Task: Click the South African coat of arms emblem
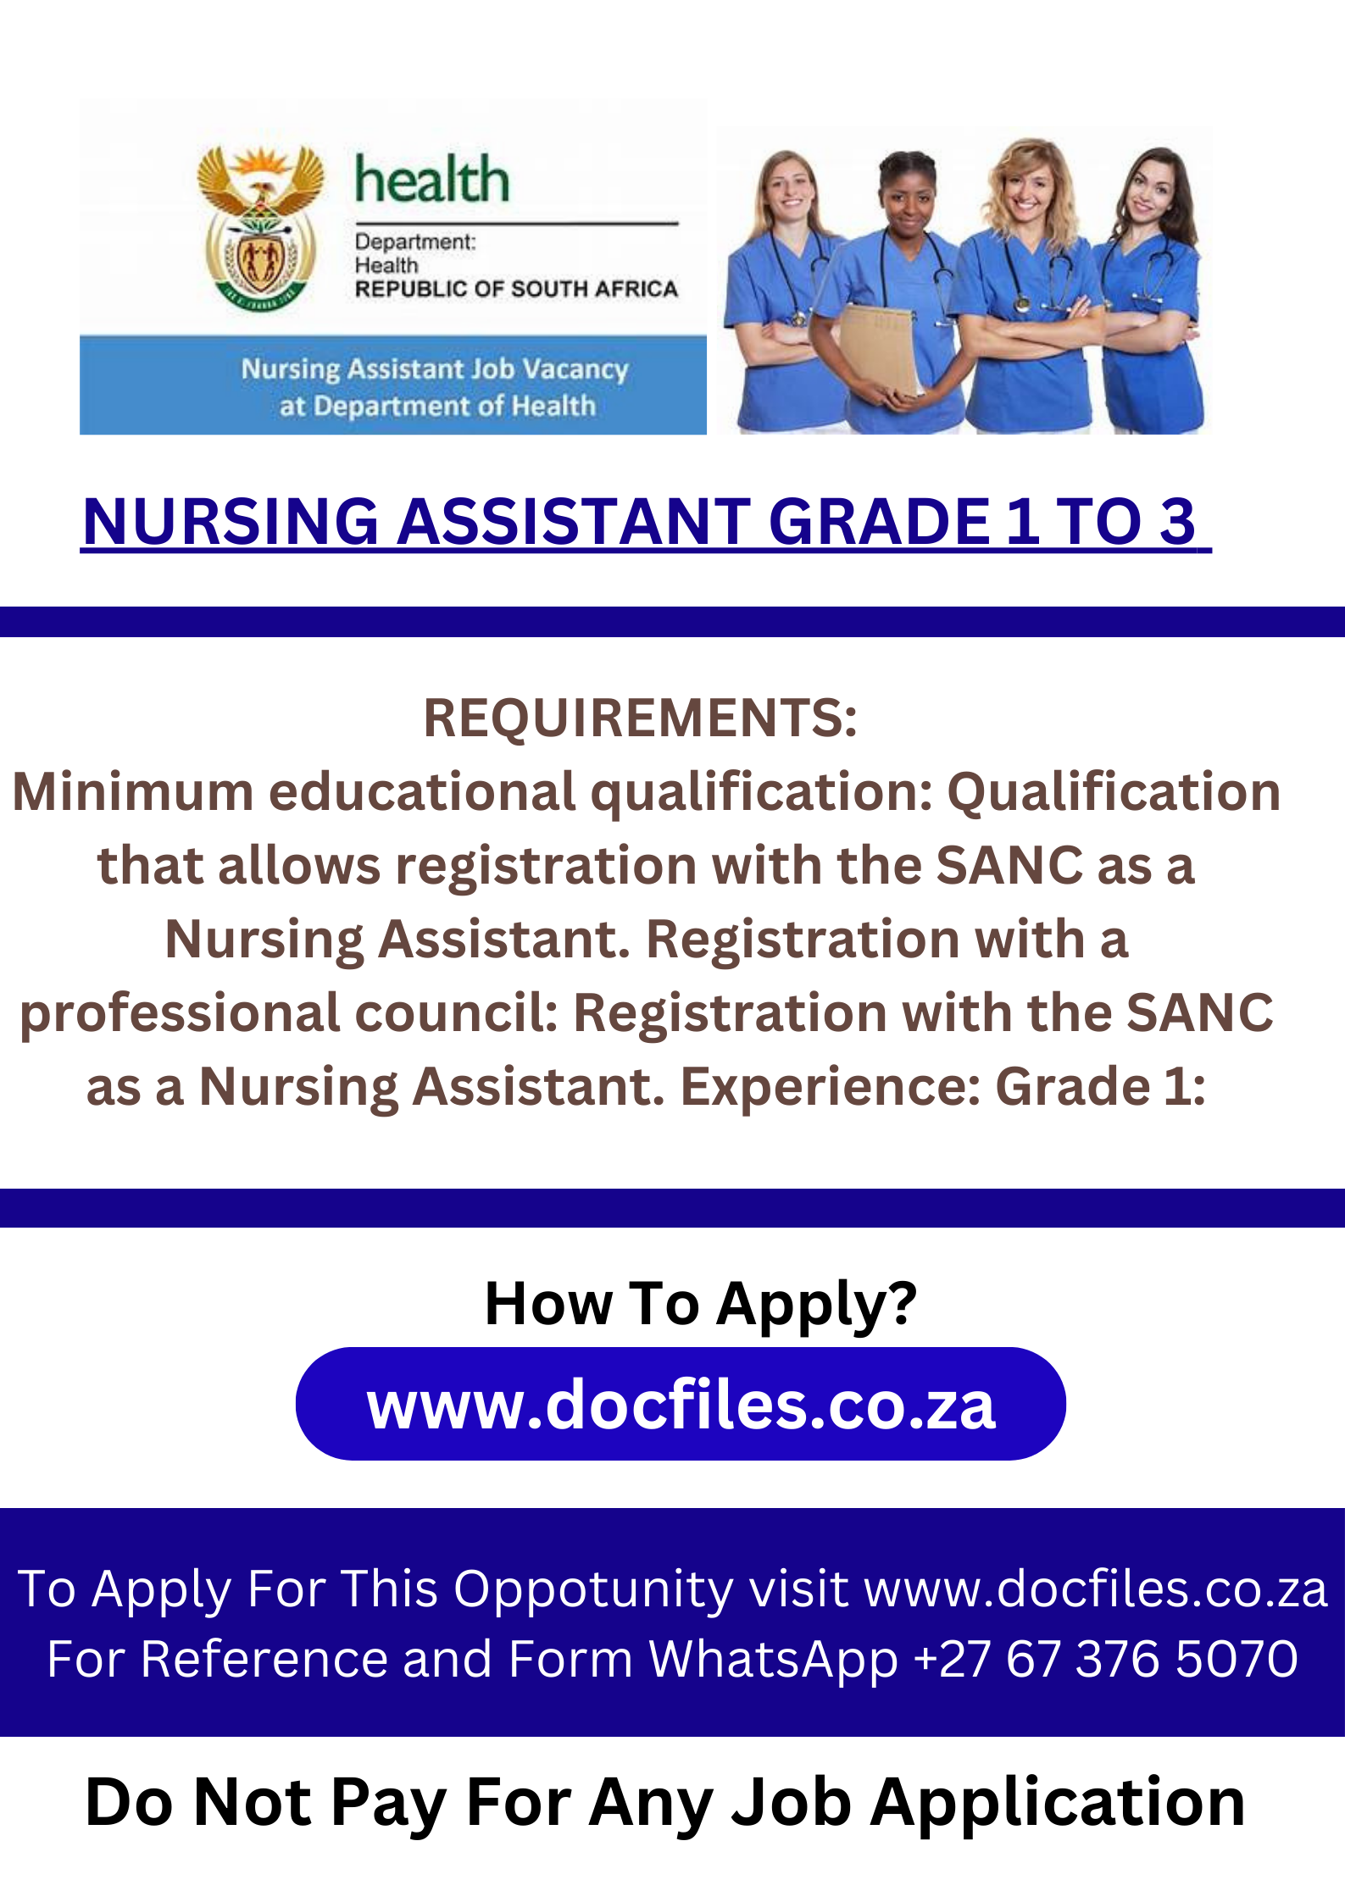[x=260, y=227]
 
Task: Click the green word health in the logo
[x=432, y=180]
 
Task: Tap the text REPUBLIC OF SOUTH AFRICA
[x=516, y=289]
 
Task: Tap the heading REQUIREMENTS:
[x=640, y=718]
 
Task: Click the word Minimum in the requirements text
[x=133, y=791]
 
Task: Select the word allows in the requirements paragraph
[x=298, y=865]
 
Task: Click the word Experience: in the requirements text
[x=831, y=1086]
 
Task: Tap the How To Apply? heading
[x=701, y=1304]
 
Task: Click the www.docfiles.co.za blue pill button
[x=681, y=1404]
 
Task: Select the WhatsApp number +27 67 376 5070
[x=1106, y=1659]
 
